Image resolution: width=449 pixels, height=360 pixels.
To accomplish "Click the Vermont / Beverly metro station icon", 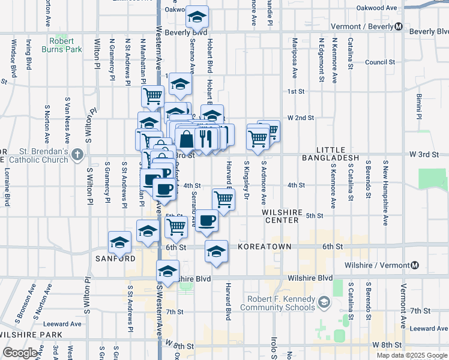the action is pyautogui.click(x=399, y=26).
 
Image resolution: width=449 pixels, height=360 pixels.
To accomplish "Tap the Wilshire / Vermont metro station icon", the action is pyautogui.click(x=414, y=265).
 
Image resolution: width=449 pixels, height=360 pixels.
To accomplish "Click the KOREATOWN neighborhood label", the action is pyautogui.click(x=264, y=247).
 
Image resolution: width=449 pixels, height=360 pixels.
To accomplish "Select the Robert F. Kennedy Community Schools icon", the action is pyautogui.click(x=324, y=300).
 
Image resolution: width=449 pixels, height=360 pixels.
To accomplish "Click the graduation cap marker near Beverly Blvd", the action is pyautogui.click(x=196, y=17).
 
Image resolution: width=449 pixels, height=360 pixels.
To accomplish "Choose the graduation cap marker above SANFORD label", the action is pyautogui.click(x=119, y=242).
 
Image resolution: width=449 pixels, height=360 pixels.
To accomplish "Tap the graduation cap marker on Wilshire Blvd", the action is pyautogui.click(x=168, y=271).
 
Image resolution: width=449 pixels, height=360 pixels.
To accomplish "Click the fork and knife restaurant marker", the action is pyautogui.click(x=206, y=139).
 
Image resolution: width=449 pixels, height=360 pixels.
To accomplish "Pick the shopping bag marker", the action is pyautogui.click(x=187, y=139).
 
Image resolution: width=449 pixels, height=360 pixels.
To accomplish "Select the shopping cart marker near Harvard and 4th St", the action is pyautogui.click(x=223, y=200).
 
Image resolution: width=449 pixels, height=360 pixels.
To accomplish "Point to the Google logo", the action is pyautogui.click(x=20, y=353).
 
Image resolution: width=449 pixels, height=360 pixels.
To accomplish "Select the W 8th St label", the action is pyautogui.click(x=385, y=345).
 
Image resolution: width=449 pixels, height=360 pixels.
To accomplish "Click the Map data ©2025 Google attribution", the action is pyautogui.click(x=411, y=355).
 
